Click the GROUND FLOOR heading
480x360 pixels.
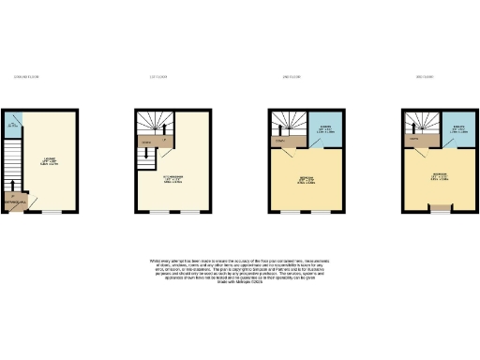[26, 76]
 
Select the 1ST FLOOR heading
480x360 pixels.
[157, 76]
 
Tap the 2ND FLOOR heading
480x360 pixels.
[290, 76]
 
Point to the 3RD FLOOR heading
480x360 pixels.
[424, 76]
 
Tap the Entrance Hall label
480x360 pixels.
[16, 202]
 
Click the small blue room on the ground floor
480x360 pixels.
[12, 124]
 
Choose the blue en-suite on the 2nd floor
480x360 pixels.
[322, 130]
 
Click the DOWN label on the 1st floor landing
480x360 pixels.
[145, 143]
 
